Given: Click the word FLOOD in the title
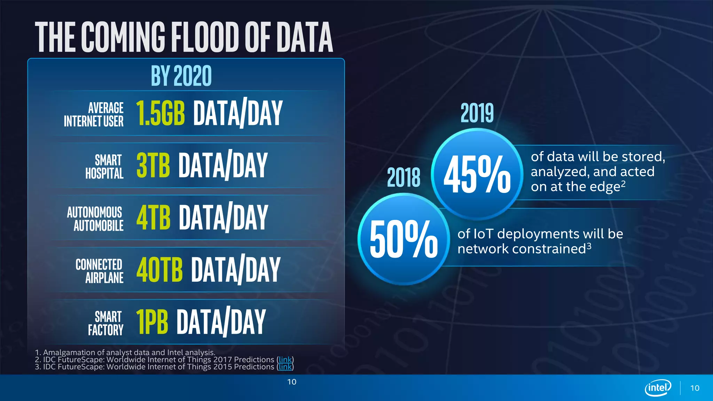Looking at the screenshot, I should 205,37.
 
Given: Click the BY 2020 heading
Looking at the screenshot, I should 181,76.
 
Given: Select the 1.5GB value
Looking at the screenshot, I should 160,113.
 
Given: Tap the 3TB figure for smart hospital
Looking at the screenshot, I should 153,165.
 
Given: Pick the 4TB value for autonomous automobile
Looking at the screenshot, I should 153,217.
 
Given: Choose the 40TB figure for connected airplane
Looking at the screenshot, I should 159,269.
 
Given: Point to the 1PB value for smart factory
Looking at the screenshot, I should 152,322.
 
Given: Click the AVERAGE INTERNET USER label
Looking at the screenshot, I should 94,115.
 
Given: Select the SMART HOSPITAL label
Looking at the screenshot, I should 104,167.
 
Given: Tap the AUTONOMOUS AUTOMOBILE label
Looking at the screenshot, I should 95,219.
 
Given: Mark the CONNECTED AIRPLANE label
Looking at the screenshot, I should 99,271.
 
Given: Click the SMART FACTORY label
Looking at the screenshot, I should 105,323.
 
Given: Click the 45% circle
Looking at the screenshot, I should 477,174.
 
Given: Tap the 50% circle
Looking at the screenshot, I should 404,239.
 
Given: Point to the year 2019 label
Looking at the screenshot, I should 477,113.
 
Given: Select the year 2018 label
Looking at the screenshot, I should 403,178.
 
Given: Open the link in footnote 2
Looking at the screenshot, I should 285,360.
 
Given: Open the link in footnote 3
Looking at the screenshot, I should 285,367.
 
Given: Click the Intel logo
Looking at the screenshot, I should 658,387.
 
